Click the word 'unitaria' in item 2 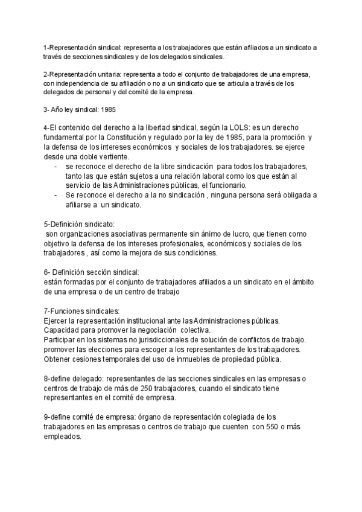click(x=106, y=75)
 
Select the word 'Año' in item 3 click(x=57, y=110)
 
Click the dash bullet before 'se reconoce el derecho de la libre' click(x=56, y=165)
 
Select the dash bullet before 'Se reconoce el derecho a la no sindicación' click(x=56, y=195)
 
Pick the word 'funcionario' click(x=223, y=185)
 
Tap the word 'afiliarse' click(x=81, y=205)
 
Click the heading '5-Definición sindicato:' click(x=80, y=224)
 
